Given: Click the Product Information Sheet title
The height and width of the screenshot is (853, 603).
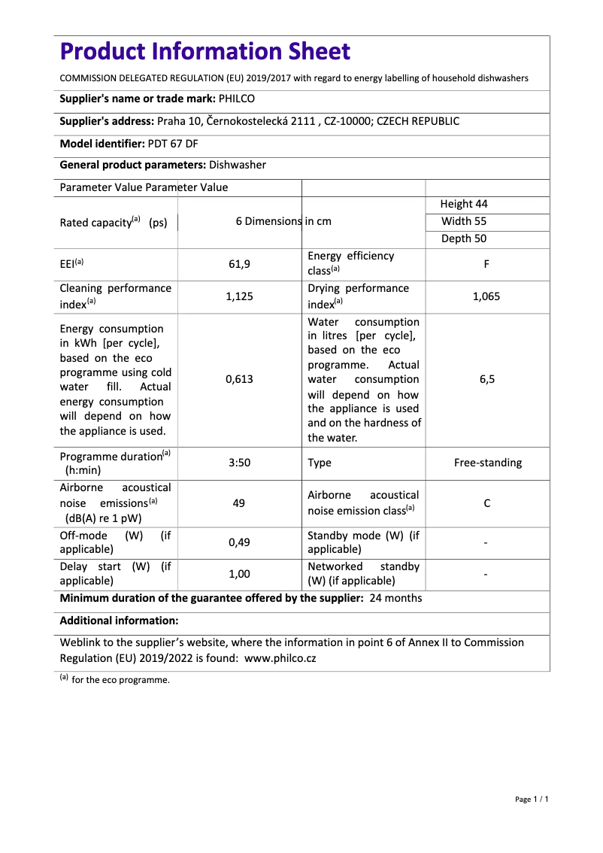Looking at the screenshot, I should coord(205,51).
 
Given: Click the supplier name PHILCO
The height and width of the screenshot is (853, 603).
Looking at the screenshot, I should coord(237,99).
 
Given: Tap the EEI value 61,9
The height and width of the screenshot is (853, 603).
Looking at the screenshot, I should coord(239,264).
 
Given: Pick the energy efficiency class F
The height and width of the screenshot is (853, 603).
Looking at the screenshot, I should coord(487,264).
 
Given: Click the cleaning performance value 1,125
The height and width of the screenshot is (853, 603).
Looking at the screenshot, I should coord(239,296).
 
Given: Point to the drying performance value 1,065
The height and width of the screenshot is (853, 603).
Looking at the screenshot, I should coord(486,296).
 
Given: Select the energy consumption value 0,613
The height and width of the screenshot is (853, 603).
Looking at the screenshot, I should coord(239,380).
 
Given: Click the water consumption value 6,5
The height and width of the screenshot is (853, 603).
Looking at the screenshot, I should coord(487,380).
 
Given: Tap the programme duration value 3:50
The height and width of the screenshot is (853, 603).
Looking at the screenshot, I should coord(239,463).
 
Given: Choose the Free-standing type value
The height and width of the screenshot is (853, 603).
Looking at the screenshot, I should coord(487,463).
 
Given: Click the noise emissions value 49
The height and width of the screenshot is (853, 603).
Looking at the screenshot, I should coord(239,502).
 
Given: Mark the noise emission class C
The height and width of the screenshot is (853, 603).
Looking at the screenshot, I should coord(487,502).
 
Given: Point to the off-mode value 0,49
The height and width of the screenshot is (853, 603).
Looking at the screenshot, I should coord(239,542).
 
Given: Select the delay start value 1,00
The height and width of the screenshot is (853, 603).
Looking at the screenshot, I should coord(239,574).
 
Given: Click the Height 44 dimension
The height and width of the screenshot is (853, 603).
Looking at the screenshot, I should coord(464,204).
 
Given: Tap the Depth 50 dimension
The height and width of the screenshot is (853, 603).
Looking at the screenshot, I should coord(463,238).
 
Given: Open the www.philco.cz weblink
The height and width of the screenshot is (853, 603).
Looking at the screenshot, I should coord(280,657).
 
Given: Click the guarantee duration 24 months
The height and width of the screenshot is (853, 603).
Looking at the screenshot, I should coord(396,598).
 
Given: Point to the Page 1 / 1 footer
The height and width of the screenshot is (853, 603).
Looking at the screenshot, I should coord(532,799).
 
